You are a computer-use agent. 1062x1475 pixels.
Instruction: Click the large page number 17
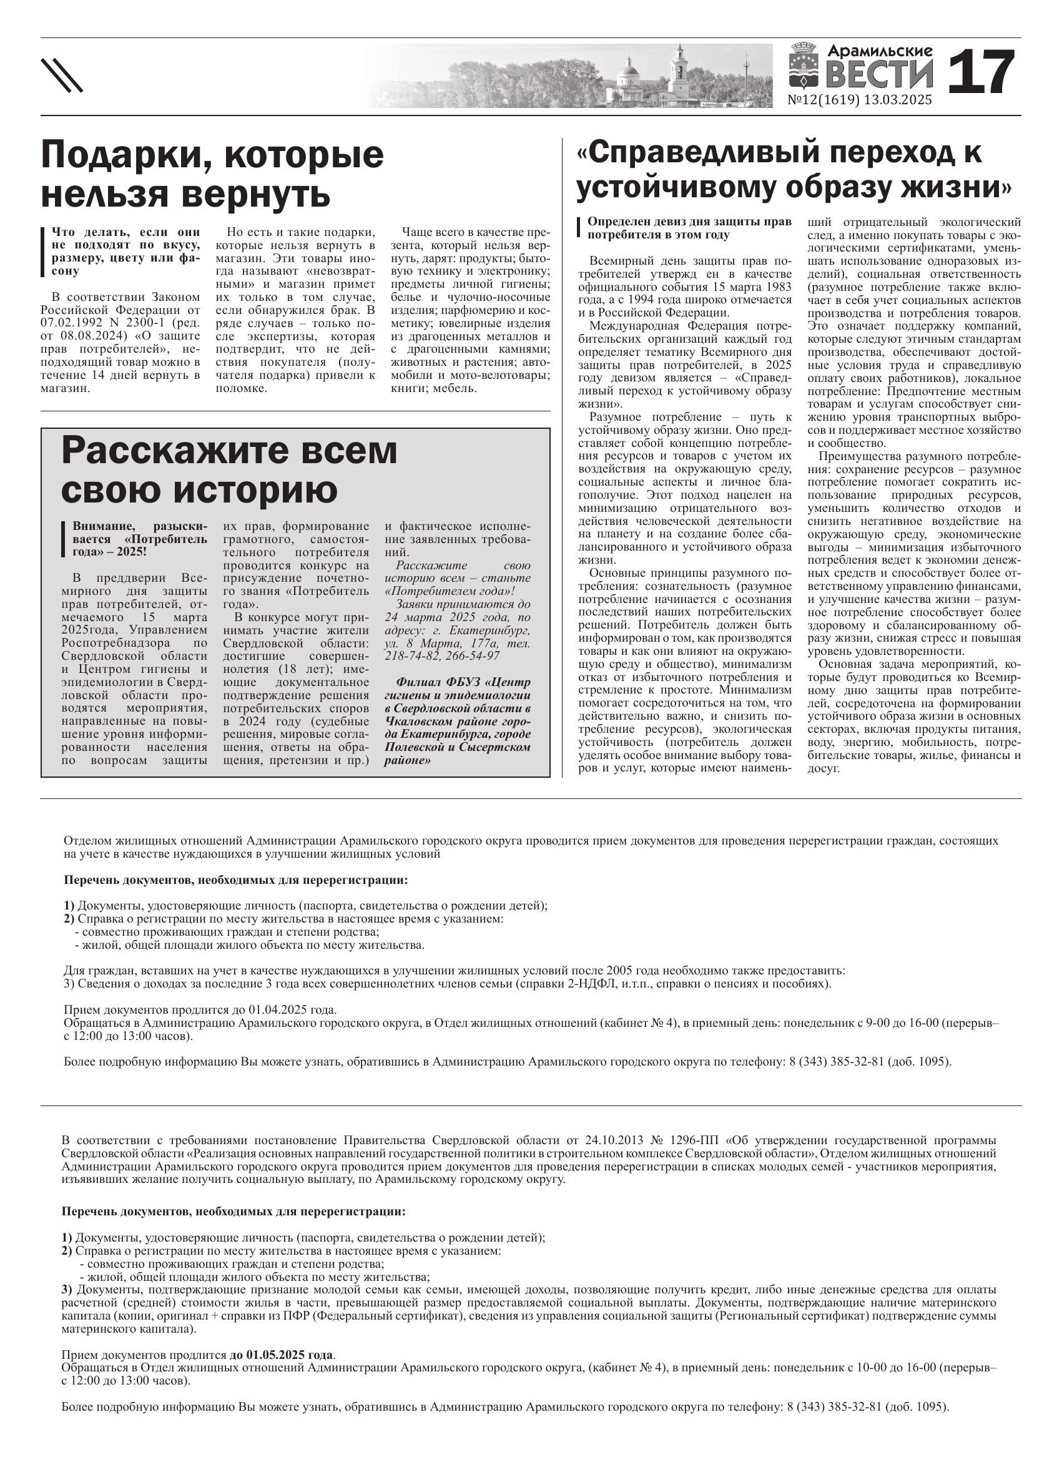[x=981, y=72]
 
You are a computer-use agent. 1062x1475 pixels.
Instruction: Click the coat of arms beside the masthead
[x=804, y=66]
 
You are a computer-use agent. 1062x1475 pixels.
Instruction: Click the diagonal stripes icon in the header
[x=62, y=76]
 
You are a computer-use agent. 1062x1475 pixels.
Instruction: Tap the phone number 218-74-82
[x=411, y=656]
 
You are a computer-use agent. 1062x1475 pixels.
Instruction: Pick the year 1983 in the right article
[x=779, y=287]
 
